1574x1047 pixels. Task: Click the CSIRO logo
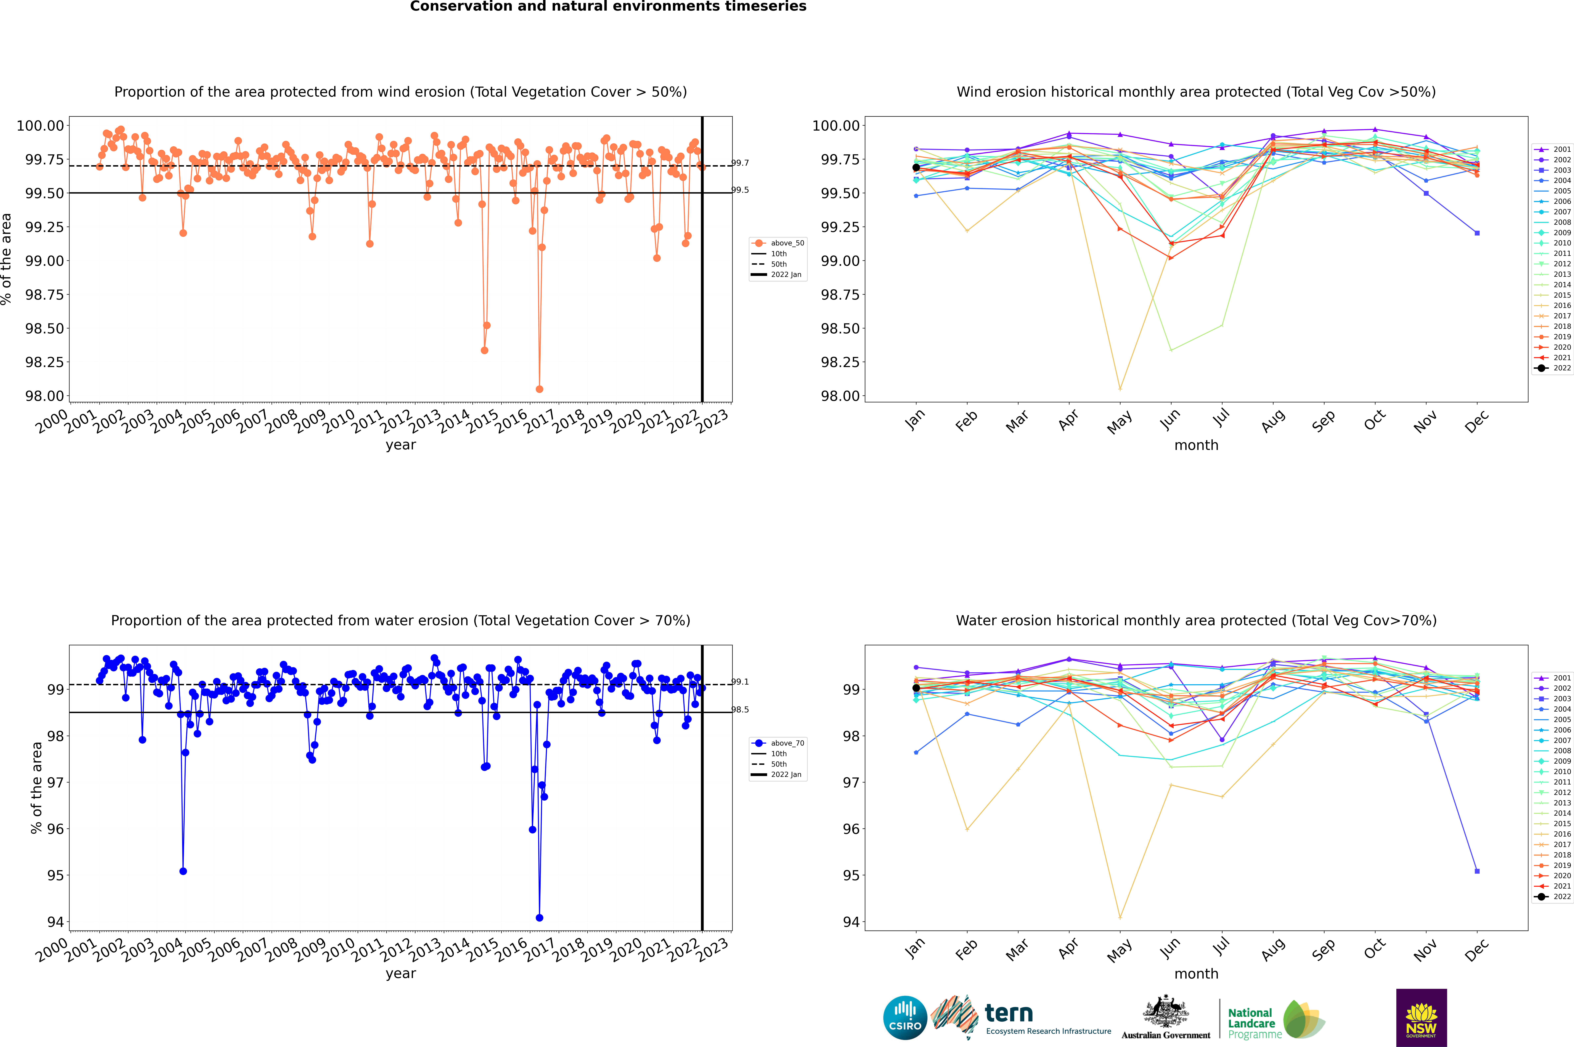[905, 1018]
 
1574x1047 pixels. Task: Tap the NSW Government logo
[1421, 1018]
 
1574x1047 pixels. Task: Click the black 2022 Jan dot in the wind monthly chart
[916, 168]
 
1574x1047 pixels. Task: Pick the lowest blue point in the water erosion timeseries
[539, 917]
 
